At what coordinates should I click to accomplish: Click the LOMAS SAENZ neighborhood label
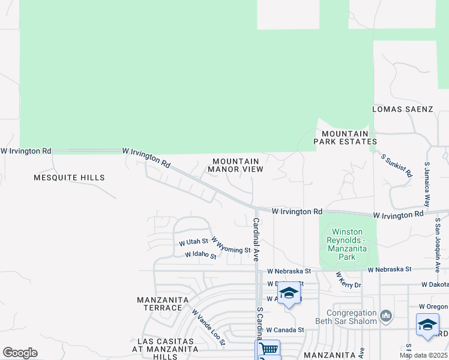click(402, 109)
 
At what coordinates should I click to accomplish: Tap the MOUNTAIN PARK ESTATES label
click(345, 137)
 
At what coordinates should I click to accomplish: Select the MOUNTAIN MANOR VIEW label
click(236, 165)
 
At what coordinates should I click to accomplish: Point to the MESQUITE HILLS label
click(69, 178)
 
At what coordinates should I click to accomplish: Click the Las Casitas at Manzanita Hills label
click(164, 349)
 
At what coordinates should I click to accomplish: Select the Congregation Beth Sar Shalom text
click(352, 317)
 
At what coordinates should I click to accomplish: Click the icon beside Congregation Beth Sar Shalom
click(386, 314)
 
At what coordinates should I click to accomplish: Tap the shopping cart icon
click(268, 349)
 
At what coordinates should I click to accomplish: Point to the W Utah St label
click(193, 242)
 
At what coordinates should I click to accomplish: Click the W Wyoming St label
click(231, 245)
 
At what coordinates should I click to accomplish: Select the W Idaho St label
click(200, 254)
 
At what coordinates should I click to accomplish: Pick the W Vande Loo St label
click(208, 327)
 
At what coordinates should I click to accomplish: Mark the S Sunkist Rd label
click(397, 165)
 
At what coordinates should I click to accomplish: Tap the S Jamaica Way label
click(427, 184)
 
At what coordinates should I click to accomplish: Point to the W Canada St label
click(286, 329)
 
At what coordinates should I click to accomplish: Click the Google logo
click(20, 353)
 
